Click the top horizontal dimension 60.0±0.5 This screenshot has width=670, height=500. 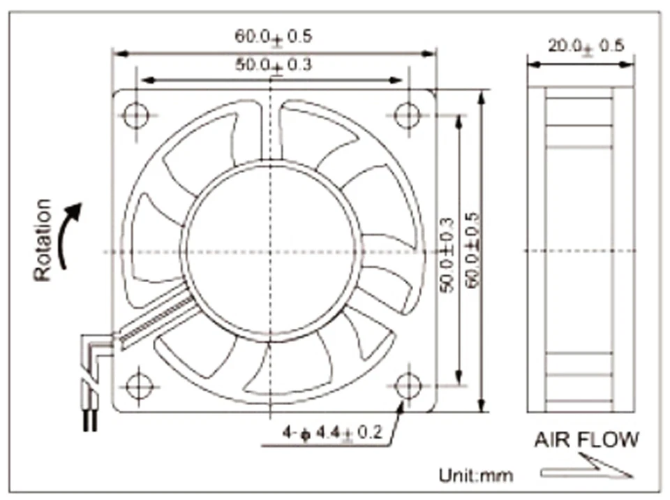pyautogui.click(x=273, y=36)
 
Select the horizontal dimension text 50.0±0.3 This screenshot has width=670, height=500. pyautogui.click(x=273, y=66)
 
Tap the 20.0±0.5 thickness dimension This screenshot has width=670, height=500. pyautogui.click(x=586, y=46)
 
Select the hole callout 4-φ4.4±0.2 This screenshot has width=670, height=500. pyautogui.click(x=332, y=433)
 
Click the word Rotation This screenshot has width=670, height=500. pyautogui.click(x=43, y=240)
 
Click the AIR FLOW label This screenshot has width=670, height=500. pyautogui.click(x=586, y=440)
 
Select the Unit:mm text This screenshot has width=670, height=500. pyautogui.click(x=475, y=476)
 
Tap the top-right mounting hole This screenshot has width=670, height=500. pyautogui.click(x=407, y=114)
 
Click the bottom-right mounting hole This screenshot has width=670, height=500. pyautogui.click(x=407, y=385)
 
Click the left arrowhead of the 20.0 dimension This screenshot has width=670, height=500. pyautogui.click(x=532, y=64)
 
